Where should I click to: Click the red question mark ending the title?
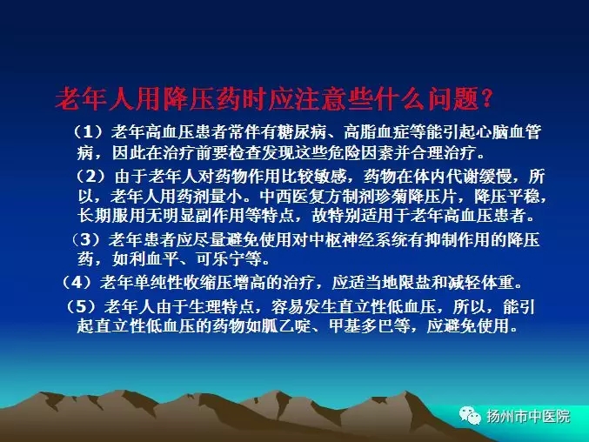(x=486, y=99)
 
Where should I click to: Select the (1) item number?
(x=88, y=131)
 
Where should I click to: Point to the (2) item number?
(x=90, y=176)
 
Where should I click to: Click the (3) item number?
(x=86, y=239)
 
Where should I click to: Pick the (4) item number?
(x=77, y=283)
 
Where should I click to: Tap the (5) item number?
(x=81, y=307)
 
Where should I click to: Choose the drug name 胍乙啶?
(x=286, y=325)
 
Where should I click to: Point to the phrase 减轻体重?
(x=481, y=283)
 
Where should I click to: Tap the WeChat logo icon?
(x=470, y=416)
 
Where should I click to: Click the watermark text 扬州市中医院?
(x=528, y=416)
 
